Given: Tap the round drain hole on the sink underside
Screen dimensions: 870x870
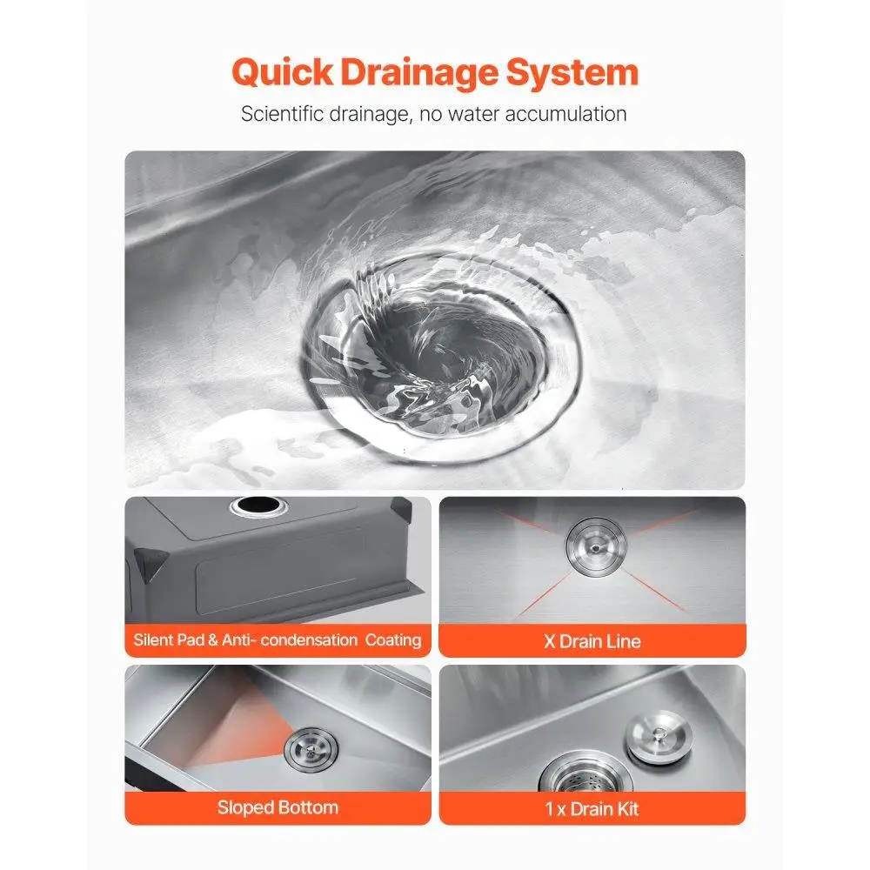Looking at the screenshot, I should pos(251,505).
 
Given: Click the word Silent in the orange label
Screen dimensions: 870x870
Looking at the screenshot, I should pos(154,640).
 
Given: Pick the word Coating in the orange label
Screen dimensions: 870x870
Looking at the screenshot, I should pos(393,640).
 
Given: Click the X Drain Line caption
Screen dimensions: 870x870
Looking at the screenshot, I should pos(592,642).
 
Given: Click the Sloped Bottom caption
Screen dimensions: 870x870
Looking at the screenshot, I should pos(278,807).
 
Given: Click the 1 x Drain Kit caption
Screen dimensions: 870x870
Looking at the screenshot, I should pos(592,809).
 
